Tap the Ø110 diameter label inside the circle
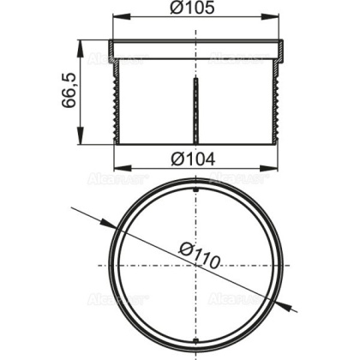pyautogui.click(x=202, y=255)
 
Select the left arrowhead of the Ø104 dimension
pyautogui.click(x=119, y=169)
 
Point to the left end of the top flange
pyautogui.click(x=112, y=47)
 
